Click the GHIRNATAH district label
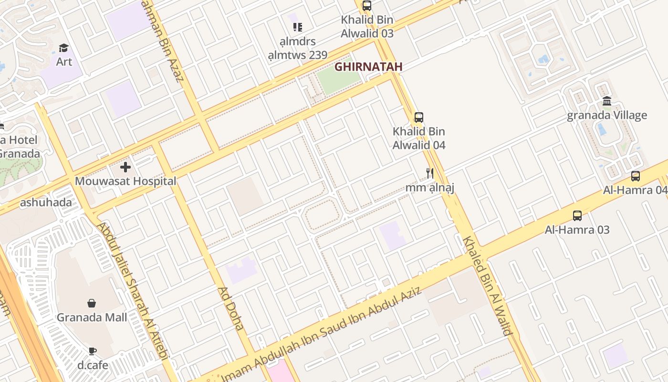point(368,67)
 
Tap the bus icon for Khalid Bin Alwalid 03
point(367,6)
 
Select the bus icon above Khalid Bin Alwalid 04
point(419,117)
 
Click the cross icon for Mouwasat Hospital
point(125,167)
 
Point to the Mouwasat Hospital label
point(125,181)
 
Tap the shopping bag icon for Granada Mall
point(92,303)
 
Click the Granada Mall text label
point(92,318)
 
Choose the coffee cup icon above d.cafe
point(93,351)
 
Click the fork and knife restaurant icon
point(430,173)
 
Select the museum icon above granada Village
point(607,101)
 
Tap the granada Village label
point(607,116)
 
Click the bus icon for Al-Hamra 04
point(636,176)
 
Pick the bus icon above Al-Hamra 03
point(577,215)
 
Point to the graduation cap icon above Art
point(64,48)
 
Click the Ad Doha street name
point(231,308)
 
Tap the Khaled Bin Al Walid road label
point(488,286)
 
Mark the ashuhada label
point(46,202)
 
